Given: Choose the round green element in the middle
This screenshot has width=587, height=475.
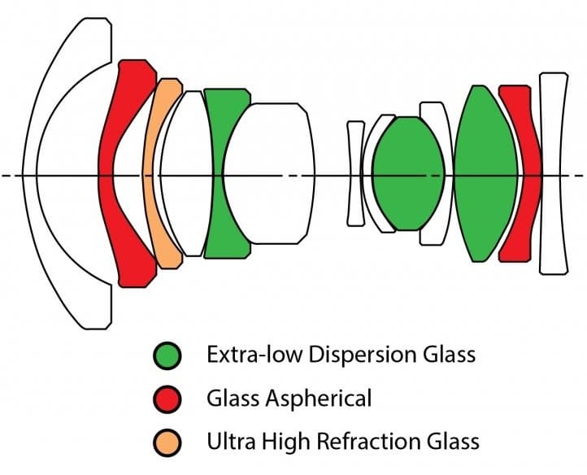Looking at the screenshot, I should (x=408, y=174).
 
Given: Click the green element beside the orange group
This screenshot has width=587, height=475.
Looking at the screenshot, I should (x=223, y=175).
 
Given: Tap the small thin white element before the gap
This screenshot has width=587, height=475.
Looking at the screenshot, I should (x=354, y=174).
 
